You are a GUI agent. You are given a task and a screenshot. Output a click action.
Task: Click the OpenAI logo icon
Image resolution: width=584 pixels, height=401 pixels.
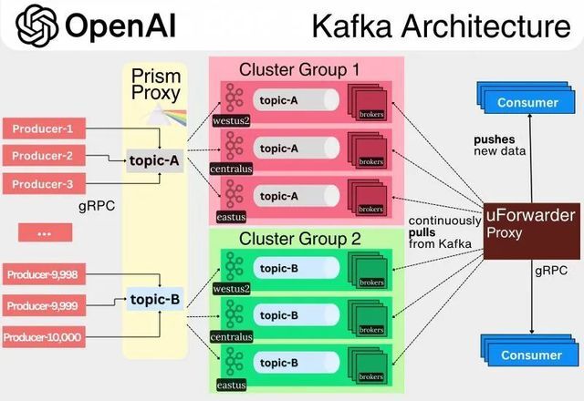(36, 26)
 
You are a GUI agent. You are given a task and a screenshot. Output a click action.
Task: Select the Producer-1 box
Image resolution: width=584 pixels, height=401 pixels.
(44, 129)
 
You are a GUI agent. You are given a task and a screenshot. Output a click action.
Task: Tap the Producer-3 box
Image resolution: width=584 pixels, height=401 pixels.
(44, 184)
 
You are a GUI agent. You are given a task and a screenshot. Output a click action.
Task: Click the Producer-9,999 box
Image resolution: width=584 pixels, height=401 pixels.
(44, 306)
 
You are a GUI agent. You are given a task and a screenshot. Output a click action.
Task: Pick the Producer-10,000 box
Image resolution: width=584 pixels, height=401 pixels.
(44, 337)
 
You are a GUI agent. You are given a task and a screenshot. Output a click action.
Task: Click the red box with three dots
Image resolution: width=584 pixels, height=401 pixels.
(45, 233)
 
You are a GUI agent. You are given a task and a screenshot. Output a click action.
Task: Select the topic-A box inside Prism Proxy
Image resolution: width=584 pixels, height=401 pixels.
(154, 160)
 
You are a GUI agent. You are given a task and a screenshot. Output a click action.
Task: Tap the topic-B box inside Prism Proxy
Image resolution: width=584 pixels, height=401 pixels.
(155, 299)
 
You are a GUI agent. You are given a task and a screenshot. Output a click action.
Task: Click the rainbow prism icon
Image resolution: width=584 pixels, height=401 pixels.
(164, 115)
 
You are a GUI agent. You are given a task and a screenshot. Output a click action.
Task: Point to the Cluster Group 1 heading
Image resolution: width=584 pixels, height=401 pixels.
(299, 69)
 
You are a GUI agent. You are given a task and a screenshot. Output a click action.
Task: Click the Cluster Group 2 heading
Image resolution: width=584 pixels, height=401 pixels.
(300, 239)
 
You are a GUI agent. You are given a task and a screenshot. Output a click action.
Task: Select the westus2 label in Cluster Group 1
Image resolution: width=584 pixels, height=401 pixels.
(231, 120)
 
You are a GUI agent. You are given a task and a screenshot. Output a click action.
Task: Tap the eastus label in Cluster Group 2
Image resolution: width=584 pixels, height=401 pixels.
(231, 385)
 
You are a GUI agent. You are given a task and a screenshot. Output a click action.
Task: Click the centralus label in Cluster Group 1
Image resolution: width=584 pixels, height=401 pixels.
(231, 169)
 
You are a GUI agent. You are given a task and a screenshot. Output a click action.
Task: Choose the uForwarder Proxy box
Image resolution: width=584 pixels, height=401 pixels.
(531, 231)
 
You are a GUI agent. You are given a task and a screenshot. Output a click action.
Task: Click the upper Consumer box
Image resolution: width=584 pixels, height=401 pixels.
(527, 98)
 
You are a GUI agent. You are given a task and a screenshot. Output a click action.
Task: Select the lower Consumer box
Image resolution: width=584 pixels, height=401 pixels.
(529, 350)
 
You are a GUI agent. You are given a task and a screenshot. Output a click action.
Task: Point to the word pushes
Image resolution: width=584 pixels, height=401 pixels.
(495, 139)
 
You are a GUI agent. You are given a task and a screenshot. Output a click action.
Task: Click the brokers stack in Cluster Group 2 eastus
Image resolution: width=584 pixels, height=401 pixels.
(368, 365)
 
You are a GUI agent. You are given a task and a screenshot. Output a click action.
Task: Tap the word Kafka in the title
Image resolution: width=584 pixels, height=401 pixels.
(352, 26)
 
